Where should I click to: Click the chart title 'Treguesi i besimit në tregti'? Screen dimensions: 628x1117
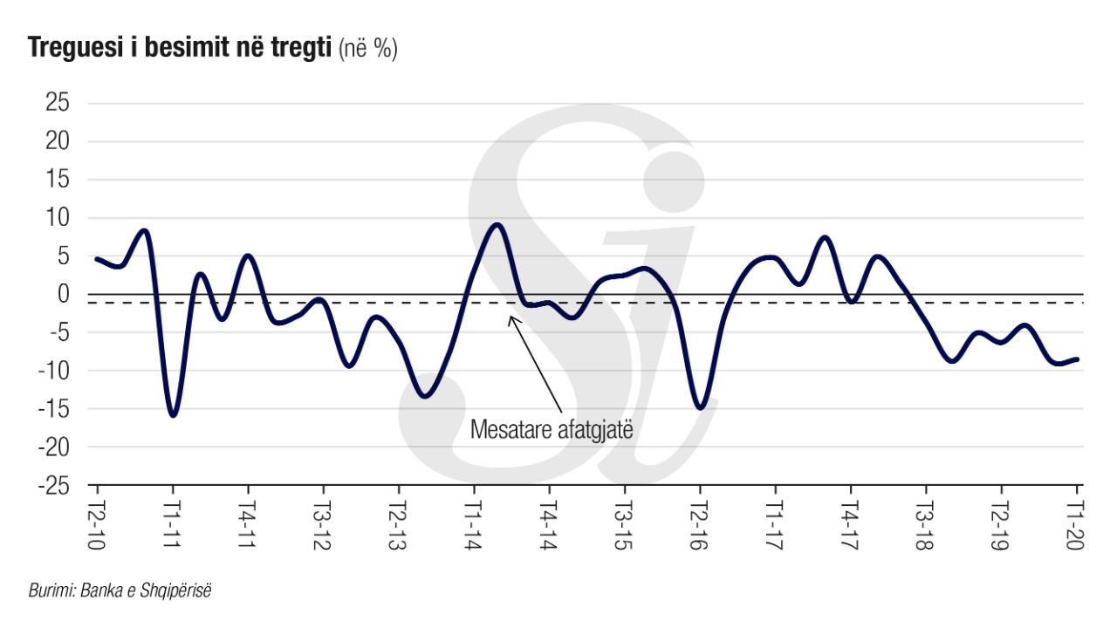(x=181, y=49)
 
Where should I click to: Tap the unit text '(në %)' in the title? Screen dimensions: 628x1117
(x=367, y=50)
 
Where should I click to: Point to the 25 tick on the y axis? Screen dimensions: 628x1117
(x=57, y=103)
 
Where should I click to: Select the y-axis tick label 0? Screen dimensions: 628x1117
(x=63, y=295)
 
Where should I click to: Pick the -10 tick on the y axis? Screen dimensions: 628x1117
(x=52, y=371)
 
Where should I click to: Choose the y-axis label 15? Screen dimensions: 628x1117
(x=57, y=180)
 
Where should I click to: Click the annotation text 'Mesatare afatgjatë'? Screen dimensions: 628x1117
(x=552, y=429)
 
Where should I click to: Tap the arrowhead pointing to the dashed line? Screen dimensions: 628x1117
(x=511, y=317)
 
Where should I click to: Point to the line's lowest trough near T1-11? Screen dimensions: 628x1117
(x=173, y=415)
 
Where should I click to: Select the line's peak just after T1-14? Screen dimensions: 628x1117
(x=497, y=224)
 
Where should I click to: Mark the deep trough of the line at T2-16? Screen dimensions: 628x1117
(x=700, y=407)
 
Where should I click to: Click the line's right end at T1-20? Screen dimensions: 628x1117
(x=1078, y=358)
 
